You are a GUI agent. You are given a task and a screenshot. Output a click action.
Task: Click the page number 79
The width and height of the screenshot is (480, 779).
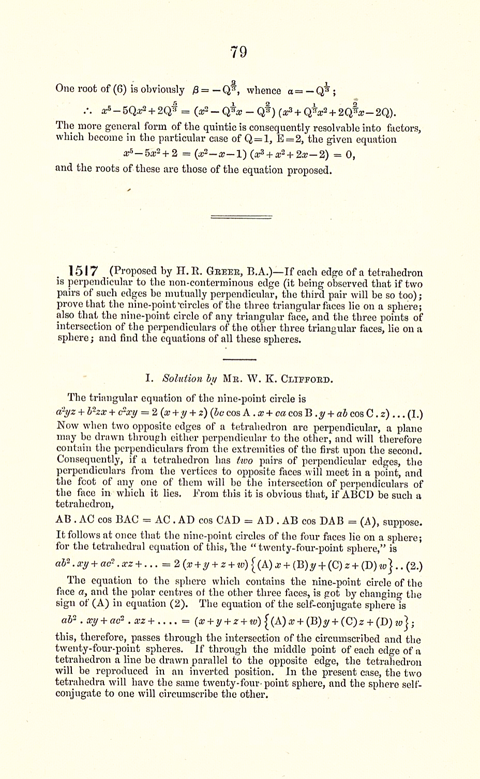click(x=238, y=52)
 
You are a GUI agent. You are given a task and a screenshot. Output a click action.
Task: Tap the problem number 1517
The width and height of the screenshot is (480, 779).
click(x=83, y=271)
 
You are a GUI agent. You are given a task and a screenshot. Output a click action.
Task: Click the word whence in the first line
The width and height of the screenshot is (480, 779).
click(x=264, y=90)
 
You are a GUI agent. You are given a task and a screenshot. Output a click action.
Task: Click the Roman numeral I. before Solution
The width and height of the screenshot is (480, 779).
click(x=149, y=379)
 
